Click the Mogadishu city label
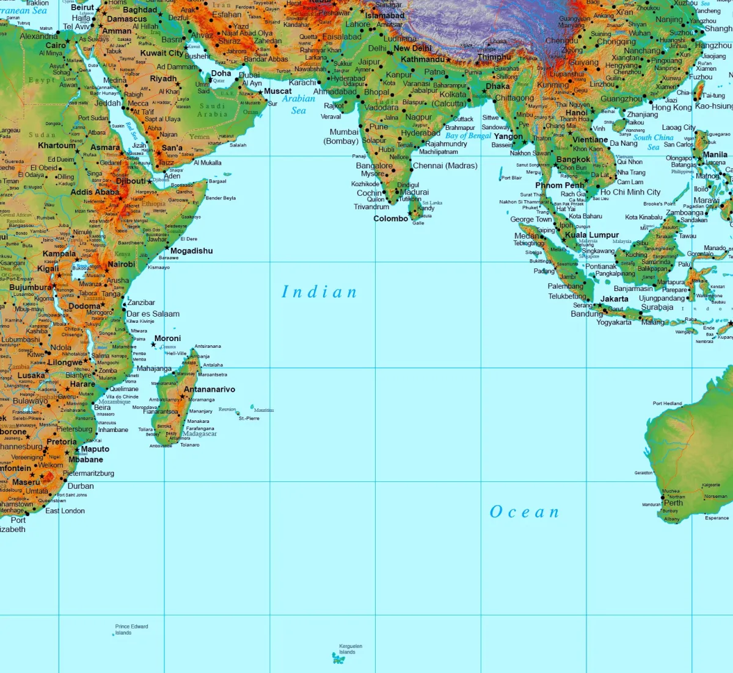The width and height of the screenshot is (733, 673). pyautogui.click(x=192, y=251)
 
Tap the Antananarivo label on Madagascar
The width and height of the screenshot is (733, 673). pyautogui.click(x=210, y=389)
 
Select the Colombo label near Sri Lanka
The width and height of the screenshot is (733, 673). pyautogui.click(x=390, y=218)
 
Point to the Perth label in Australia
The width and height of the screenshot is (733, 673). pyautogui.click(x=673, y=503)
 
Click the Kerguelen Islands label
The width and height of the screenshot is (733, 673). pyautogui.click(x=351, y=649)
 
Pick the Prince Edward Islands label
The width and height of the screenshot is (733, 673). pyautogui.click(x=131, y=629)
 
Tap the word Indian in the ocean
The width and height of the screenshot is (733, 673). pyautogui.click(x=319, y=292)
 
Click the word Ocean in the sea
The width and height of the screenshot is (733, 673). pyautogui.click(x=524, y=512)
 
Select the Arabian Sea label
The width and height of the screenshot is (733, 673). pyautogui.click(x=299, y=104)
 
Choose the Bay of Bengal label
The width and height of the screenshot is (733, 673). pyautogui.click(x=468, y=135)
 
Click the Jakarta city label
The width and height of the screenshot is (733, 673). pyautogui.click(x=614, y=299)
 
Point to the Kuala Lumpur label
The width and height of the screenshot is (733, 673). pyautogui.click(x=592, y=235)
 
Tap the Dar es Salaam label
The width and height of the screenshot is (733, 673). pyautogui.click(x=153, y=314)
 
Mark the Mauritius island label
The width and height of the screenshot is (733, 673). pyautogui.click(x=264, y=410)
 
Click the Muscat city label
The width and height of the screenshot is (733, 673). pyautogui.click(x=278, y=91)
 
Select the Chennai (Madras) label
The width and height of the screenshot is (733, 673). pyautogui.click(x=445, y=165)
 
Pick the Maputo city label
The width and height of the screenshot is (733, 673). pyautogui.click(x=95, y=449)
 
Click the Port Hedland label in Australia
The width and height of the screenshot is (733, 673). pyautogui.click(x=667, y=403)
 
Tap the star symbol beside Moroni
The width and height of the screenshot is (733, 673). pyautogui.click(x=153, y=345)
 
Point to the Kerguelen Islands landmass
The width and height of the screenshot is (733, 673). pyautogui.click(x=338, y=658)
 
